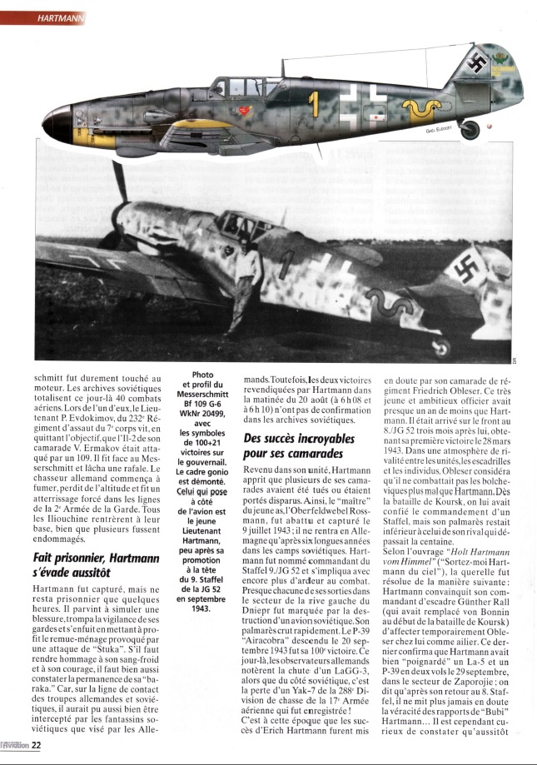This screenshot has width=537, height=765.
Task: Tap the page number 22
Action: pyautogui.click(x=36, y=746)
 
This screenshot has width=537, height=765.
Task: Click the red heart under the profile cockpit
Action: pyautogui.click(x=244, y=109)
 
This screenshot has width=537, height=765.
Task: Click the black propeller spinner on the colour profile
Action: pyautogui.click(x=60, y=126)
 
